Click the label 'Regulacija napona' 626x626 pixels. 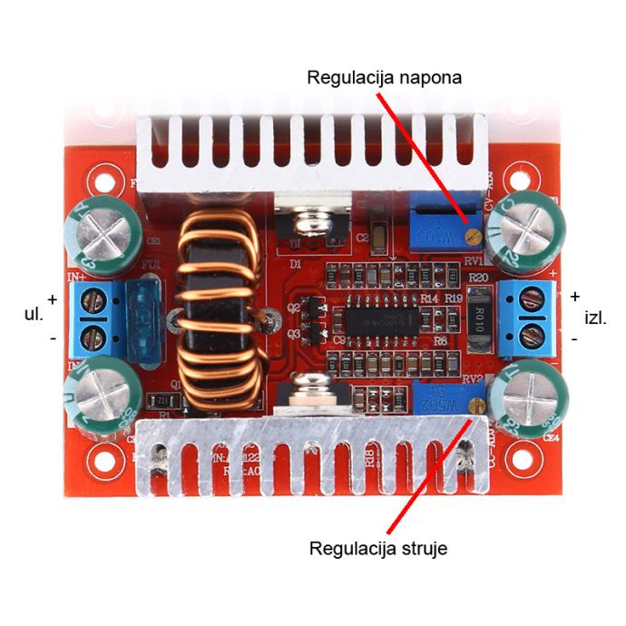[385, 77]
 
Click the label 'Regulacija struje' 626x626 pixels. [377, 548]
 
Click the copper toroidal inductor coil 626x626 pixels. [217, 308]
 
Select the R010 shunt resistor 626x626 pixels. [480, 318]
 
